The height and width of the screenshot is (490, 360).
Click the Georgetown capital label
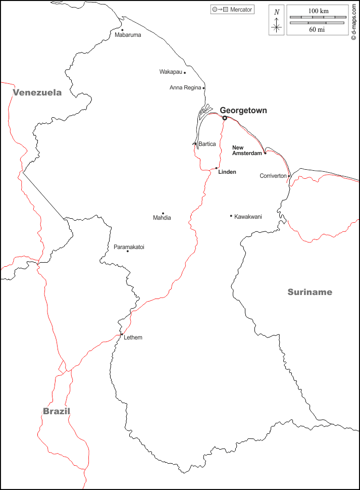tap(243, 111)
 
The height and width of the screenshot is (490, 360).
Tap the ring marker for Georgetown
tap(225, 118)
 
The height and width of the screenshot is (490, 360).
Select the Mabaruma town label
tap(128, 35)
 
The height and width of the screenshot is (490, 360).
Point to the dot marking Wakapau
tap(185, 73)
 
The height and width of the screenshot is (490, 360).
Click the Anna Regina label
tap(185, 88)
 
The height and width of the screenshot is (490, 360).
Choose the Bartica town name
tap(207, 144)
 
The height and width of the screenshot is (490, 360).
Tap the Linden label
tap(227, 172)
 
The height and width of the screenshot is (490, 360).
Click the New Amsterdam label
tap(247, 150)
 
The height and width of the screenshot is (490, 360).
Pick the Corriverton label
tap(273, 176)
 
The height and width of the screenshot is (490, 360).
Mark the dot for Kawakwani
tap(231, 216)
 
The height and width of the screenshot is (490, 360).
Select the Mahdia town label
tap(162, 218)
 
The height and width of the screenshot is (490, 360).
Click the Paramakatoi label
tap(129, 247)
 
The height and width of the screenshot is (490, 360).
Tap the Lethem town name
tap(133, 337)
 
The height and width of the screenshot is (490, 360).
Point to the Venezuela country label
tap(37, 92)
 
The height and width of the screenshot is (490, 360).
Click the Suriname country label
tap(310, 292)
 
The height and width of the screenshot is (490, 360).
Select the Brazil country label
tap(56, 411)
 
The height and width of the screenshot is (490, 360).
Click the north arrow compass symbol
tap(276, 21)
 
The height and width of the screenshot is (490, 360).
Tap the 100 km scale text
tap(318, 11)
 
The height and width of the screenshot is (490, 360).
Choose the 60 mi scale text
tap(317, 30)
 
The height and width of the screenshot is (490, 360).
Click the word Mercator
tap(241, 10)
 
